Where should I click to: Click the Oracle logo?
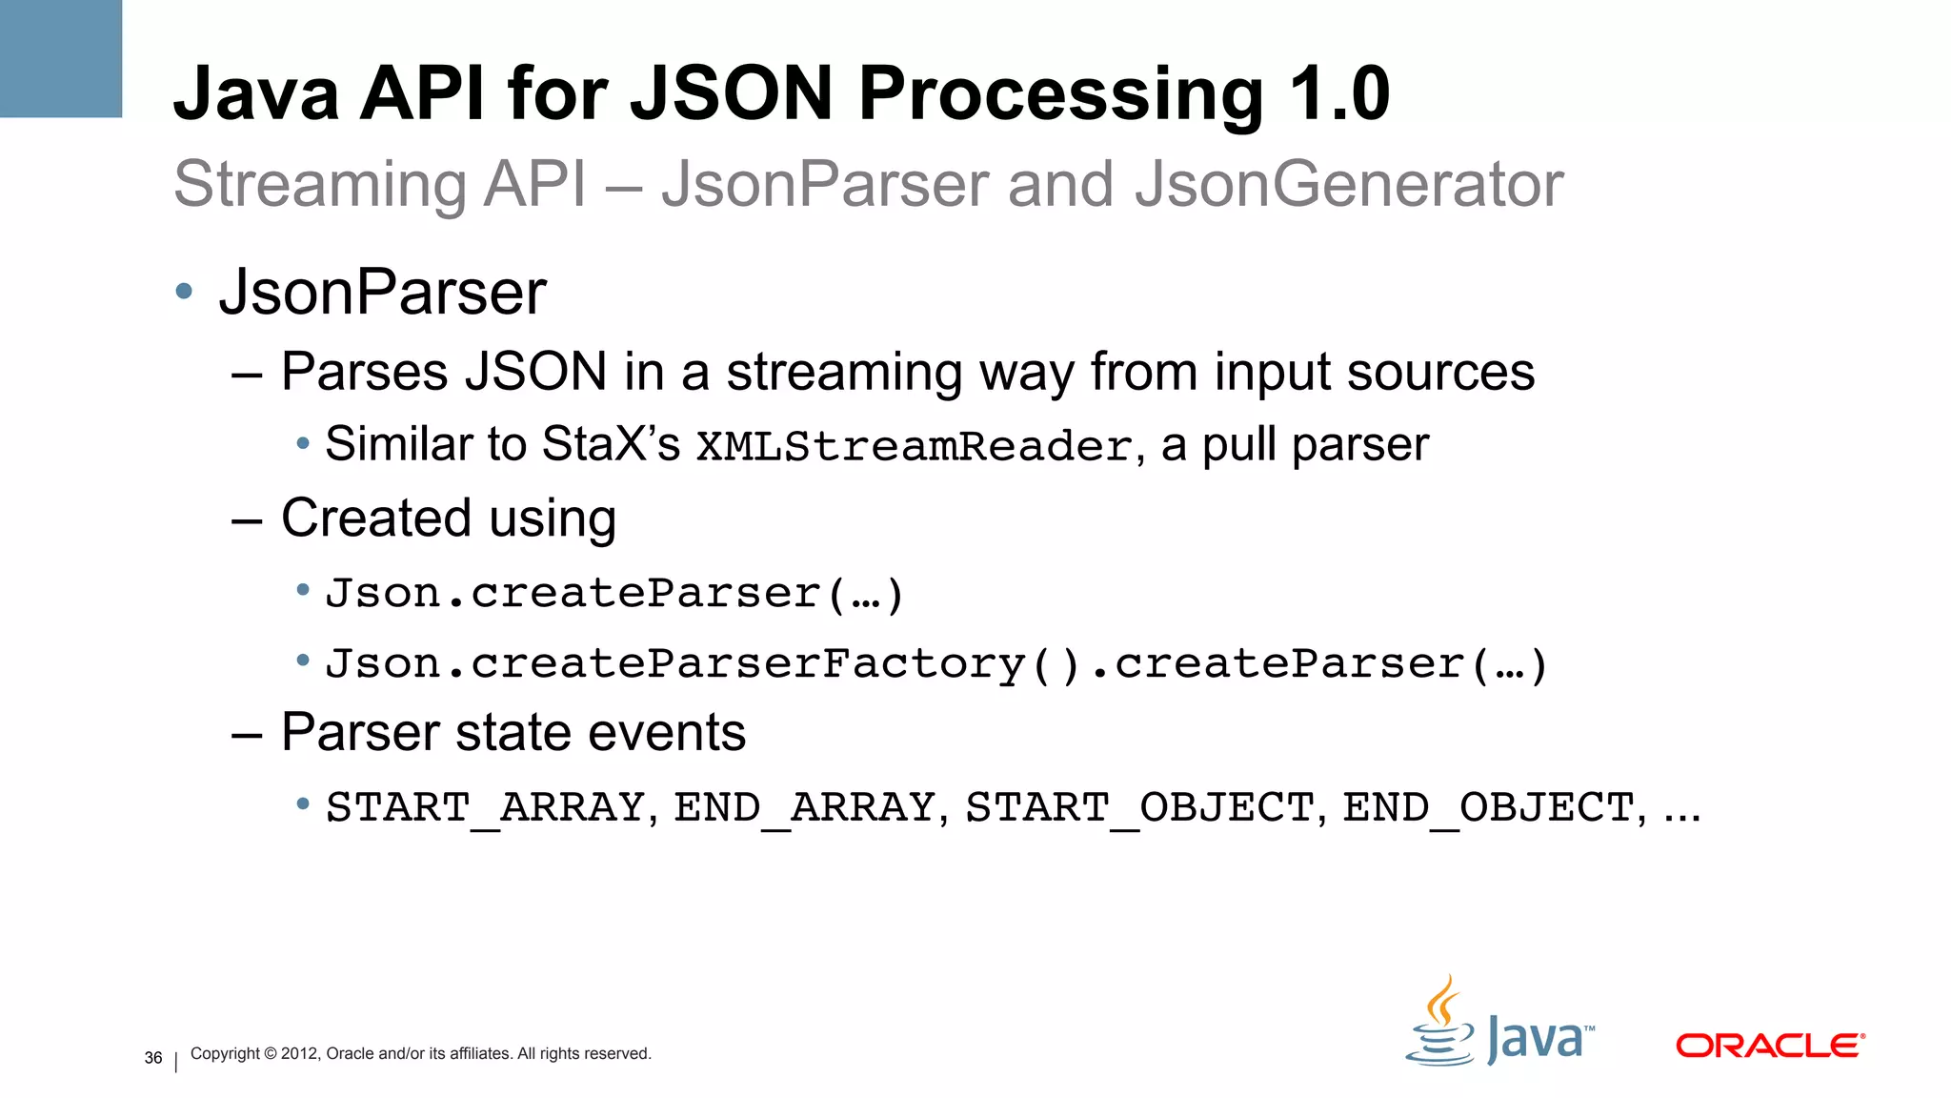(x=1770, y=1046)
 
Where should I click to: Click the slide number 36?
(x=153, y=1058)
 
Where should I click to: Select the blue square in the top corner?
(x=60, y=58)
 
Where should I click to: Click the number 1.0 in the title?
(x=1339, y=94)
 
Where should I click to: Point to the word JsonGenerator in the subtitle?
(x=1349, y=184)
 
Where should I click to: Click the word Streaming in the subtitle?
(x=319, y=184)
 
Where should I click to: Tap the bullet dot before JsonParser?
(x=185, y=291)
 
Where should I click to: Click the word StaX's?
(x=611, y=444)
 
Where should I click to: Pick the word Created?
(x=376, y=518)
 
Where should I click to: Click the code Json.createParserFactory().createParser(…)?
(x=936, y=664)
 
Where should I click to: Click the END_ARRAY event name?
(x=805, y=808)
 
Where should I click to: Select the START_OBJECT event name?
(x=1140, y=808)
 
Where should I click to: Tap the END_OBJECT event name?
(x=1489, y=808)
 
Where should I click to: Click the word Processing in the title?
(x=1061, y=94)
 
